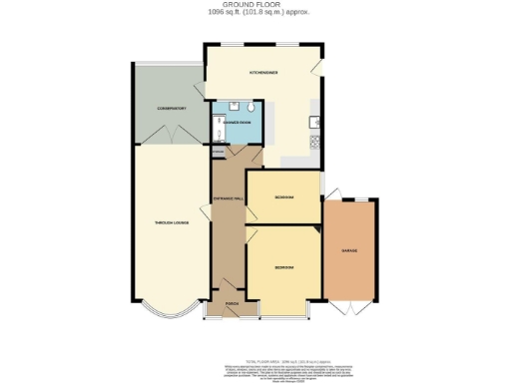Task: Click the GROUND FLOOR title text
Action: tap(255, 5)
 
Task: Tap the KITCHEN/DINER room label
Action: tap(263, 73)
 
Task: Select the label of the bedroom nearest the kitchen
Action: tap(284, 197)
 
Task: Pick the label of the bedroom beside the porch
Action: tap(284, 268)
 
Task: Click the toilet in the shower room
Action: tap(233, 107)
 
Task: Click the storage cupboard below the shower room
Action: tap(219, 151)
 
